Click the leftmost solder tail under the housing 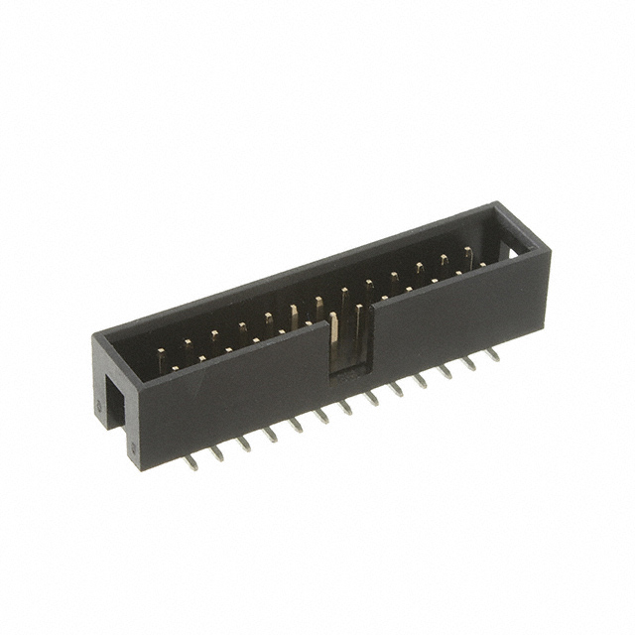click(x=191, y=461)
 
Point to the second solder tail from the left click(x=218, y=451)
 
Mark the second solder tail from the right click(x=468, y=361)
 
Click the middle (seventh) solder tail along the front click(x=346, y=406)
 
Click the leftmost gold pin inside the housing click(x=162, y=356)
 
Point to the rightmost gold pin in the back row click(x=467, y=257)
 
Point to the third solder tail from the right click(x=444, y=370)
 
